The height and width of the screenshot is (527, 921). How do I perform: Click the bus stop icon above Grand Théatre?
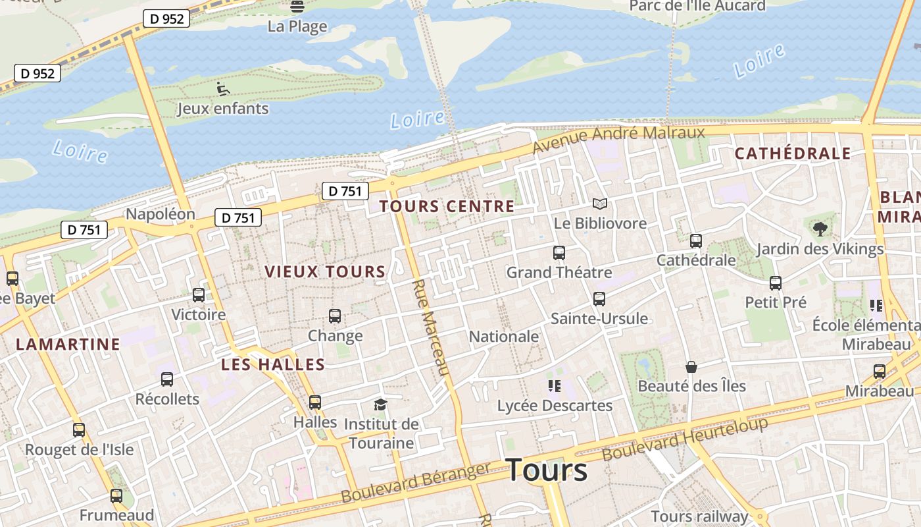[x=559, y=253]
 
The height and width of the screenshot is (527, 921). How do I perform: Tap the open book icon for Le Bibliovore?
[x=599, y=204]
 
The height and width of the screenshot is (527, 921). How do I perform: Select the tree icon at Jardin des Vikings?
[x=820, y=229]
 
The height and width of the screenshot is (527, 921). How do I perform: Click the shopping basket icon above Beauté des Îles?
[x=691, y=367]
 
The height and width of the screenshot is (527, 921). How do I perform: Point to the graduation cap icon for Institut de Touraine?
[x=380, y=404]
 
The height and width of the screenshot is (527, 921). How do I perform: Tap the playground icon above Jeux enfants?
[x=223, y=88]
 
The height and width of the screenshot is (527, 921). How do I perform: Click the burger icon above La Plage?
[x=297, y=7]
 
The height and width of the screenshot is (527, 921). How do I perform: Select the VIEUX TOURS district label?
[x=325, y=271]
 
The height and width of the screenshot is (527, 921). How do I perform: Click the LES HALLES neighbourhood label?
[x=273, y=364]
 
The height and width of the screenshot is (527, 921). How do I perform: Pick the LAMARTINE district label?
[x=68, y=344]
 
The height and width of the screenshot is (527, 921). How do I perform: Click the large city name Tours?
[x=547, y=470]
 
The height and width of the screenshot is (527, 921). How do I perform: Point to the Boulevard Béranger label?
[x=416, y=482]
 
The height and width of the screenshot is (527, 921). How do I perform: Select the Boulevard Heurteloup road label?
[x=685, y=439]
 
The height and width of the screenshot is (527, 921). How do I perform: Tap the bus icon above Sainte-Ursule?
[x=599, y=299]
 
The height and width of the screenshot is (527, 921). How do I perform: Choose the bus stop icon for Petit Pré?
[x=776, y=283]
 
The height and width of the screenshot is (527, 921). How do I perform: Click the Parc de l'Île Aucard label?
[x=697, y=6]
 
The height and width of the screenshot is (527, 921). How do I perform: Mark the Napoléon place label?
[x=161, y=214]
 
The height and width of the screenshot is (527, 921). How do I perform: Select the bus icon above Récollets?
[x=167, y=379]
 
